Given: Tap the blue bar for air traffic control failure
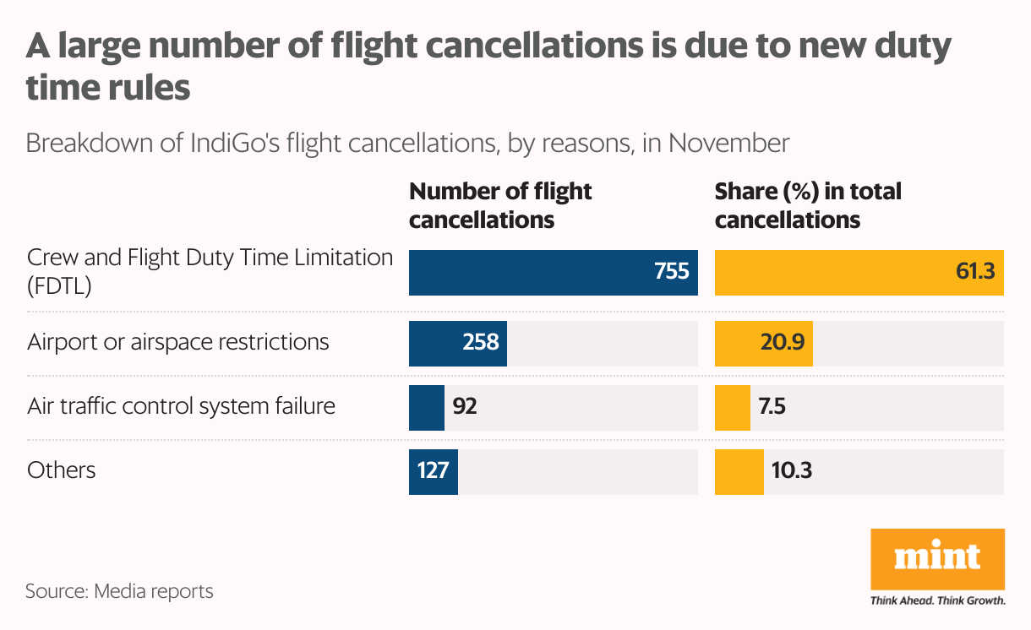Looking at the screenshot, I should pyautogui.click(x=426, y=407).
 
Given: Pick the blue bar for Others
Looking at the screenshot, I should pyautogui.click(x=433, y=471).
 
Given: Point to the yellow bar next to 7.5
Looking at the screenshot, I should pyautogui.click(x=732, y=407).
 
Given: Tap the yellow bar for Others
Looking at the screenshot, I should pyautogui.click(x=739, y=471).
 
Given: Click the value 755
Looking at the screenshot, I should pyautogui.click(x=672, y=272).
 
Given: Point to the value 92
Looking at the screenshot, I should pyautogui.click(x=465, y=407).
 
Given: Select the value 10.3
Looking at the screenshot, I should pyautogui.click(x=792, y=470).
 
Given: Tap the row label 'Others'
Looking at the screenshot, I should pyautogui.click(x=61, y=470).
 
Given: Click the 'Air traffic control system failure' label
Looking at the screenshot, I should pyautogui.click(x=181, y=406).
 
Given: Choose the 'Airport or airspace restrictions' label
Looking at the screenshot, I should pyautogui.click(x=177, y=342).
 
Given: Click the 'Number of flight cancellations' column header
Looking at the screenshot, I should pyautogui.click(x=499, y=205).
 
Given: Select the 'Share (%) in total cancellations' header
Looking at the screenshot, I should pyautogui.click(x=807, y=205).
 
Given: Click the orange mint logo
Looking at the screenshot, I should pyautogui.click(x=937, y=558).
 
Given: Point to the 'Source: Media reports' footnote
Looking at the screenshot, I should pyautogui.click(x=119, y=591).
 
